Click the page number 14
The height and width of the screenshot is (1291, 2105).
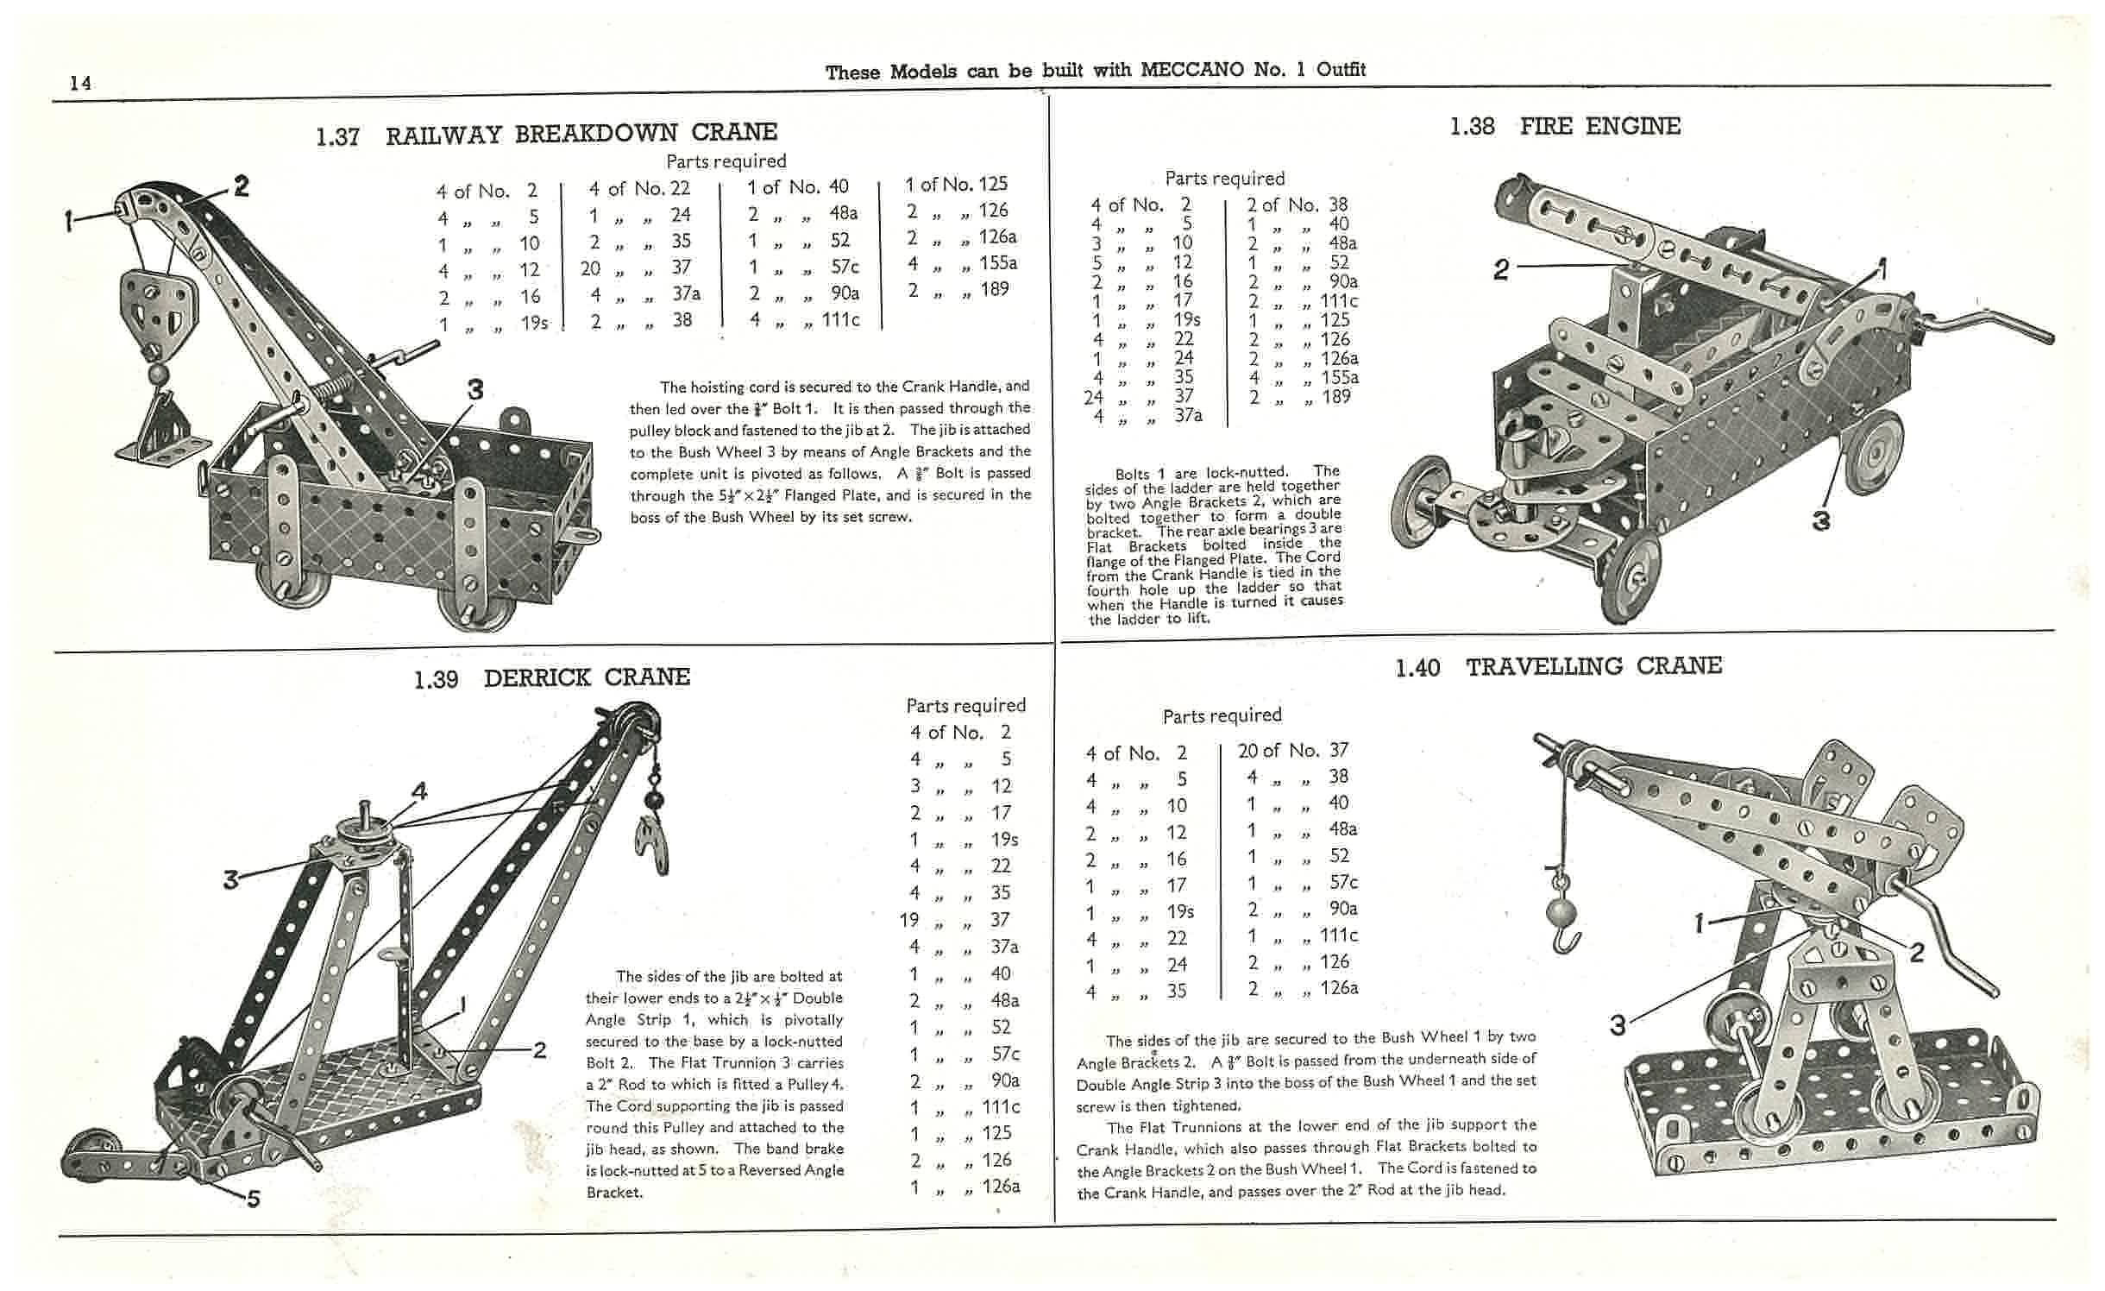[x=80, y=83]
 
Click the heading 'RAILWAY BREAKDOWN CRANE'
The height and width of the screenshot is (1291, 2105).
[x=581, y=134]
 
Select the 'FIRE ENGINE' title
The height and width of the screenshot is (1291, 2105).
[x=1599, y=127]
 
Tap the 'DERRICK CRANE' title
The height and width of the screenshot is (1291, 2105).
[x=587, y=677]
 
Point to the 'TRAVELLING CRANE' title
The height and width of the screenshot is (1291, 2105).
[x=1593, y=666]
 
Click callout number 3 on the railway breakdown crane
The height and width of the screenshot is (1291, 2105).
[x=474, y=390]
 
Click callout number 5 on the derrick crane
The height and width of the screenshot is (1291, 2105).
[x=253, y=1198]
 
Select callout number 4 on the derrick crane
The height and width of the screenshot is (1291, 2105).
[x=419, y=790]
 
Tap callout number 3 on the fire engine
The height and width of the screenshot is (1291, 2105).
[x=1820, y=520]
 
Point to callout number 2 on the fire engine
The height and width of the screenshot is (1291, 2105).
[x=1501, y=270]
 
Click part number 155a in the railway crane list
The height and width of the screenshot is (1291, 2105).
[x=998, y=262]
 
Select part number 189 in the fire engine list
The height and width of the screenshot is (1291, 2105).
[x=1335, y=397]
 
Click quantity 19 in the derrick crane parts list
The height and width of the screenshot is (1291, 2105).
[x=908, y=920]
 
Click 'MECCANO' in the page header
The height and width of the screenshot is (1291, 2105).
[x=1193, y=69]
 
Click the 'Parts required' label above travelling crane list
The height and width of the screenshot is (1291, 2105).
[x=1222, y=715]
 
